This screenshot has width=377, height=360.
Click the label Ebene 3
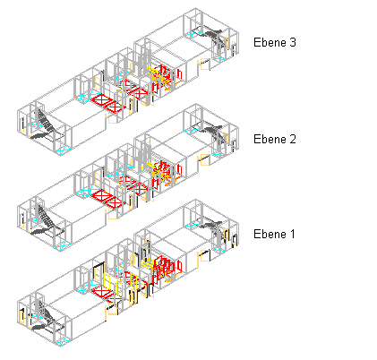pos(275,42)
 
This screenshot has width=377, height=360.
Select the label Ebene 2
pos(275,139)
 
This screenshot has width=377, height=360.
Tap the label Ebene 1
pos(274,234)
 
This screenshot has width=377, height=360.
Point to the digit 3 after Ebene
pos(293,42)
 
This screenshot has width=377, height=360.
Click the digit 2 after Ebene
pos(293,139)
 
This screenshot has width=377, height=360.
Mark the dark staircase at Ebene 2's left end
pos(45,222)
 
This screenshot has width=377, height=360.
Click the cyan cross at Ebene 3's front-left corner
pos(63,151)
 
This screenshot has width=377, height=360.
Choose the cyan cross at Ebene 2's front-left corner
pos(63,246)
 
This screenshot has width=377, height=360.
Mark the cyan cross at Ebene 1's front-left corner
pos(63,342)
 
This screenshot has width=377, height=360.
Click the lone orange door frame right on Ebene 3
pos(204,64)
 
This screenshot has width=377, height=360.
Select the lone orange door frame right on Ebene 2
pos(204,159)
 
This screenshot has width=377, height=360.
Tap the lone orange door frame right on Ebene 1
pos(204,255)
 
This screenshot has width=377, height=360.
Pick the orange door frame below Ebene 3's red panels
pos(112,118)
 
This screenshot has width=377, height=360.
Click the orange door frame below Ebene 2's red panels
pos(112,214)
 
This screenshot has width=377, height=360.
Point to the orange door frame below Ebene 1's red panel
pos(112,309)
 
